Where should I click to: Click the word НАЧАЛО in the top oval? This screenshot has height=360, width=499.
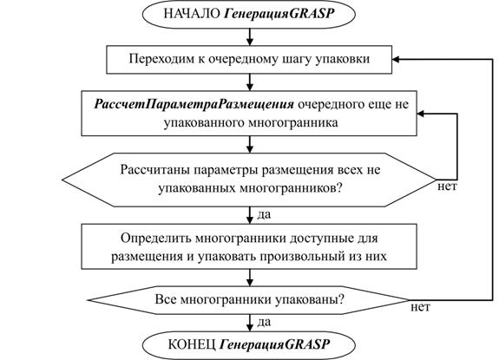click(x=192, y=14)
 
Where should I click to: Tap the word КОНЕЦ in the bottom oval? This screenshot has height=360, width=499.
click(x=192, y=344)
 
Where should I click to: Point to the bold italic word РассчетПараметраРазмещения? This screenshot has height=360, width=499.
click(x=194, y=105)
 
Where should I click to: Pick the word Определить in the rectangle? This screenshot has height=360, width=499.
click(x=155, y=239)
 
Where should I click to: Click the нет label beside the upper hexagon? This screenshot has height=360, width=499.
click(x=447, y=187)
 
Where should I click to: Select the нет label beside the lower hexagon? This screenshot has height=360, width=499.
click(x=420, y=307)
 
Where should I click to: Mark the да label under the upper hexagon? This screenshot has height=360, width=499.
click(x=264, y=214)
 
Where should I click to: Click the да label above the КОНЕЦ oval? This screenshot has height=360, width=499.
click(x=264, y=322)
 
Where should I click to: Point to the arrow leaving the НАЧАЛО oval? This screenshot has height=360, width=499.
click(x=250, y=37)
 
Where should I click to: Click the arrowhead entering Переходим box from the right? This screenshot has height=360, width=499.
click(x=396, y=60)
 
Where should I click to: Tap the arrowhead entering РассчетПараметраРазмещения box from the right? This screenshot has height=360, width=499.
click(x=421, y=114)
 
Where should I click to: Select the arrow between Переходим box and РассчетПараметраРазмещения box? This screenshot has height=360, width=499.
click(x=250, y=82)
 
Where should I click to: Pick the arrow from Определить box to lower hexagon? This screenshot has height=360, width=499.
click(x=250, y=278)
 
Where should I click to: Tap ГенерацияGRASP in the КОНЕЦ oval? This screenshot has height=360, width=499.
click(x=275, y=344)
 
